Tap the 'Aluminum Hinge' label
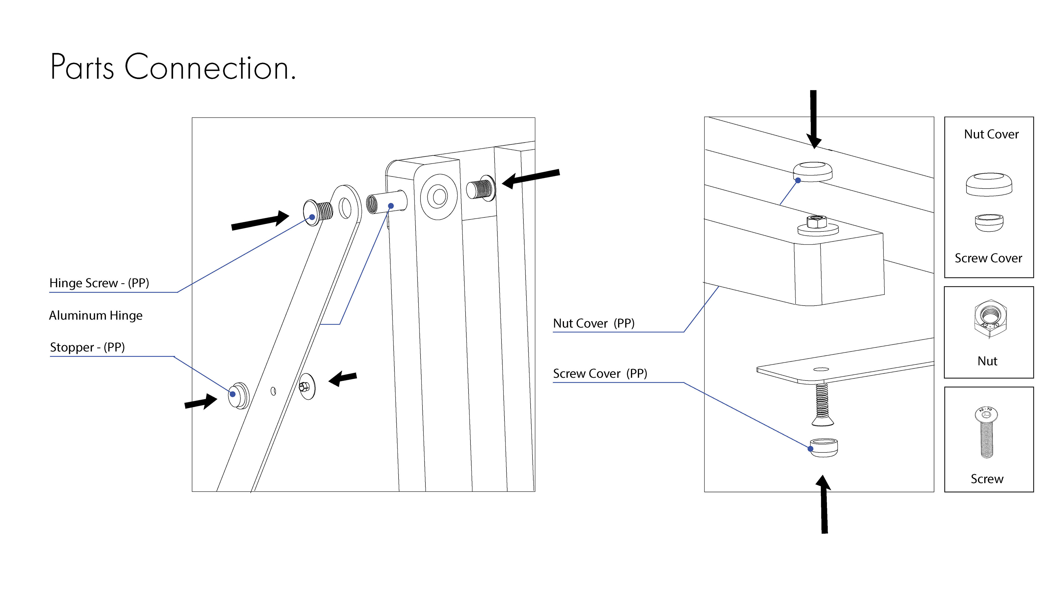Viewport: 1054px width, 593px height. [96, 315]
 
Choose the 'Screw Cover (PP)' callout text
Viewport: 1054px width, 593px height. [600, 374]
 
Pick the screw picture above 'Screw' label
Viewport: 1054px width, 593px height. [986, 433]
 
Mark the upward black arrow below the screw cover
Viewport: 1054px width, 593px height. [824, 504]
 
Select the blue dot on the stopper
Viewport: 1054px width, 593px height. [233, 394]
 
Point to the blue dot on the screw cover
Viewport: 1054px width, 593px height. [811, 449]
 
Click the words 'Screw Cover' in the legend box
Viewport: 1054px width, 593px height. [988, 258]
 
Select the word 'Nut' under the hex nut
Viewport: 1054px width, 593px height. [987, 361]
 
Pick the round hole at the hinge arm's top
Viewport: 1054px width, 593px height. [345, 208]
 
